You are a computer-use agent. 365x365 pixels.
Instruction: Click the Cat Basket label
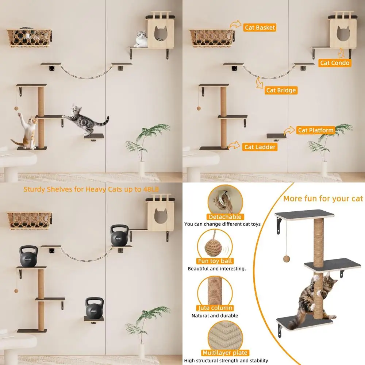point(260,28)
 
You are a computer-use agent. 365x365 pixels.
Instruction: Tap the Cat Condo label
point(335,63)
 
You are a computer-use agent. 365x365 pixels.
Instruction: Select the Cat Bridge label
point(281,90)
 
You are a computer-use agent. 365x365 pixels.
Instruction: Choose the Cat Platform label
point(316,130)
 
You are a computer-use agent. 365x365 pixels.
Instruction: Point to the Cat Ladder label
point(260,147)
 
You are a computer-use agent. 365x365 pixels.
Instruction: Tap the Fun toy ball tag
point(215,261)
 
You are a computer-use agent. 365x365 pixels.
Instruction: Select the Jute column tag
point(215,308)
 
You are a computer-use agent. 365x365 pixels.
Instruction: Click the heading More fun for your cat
point(323,199)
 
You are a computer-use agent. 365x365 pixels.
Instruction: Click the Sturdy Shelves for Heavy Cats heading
point(91,189)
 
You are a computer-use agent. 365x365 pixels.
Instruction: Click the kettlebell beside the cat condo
point(119,235)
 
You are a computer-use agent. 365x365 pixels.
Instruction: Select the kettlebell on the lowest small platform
point(94,307)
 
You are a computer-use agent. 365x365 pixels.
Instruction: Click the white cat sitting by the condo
point(141,39)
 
